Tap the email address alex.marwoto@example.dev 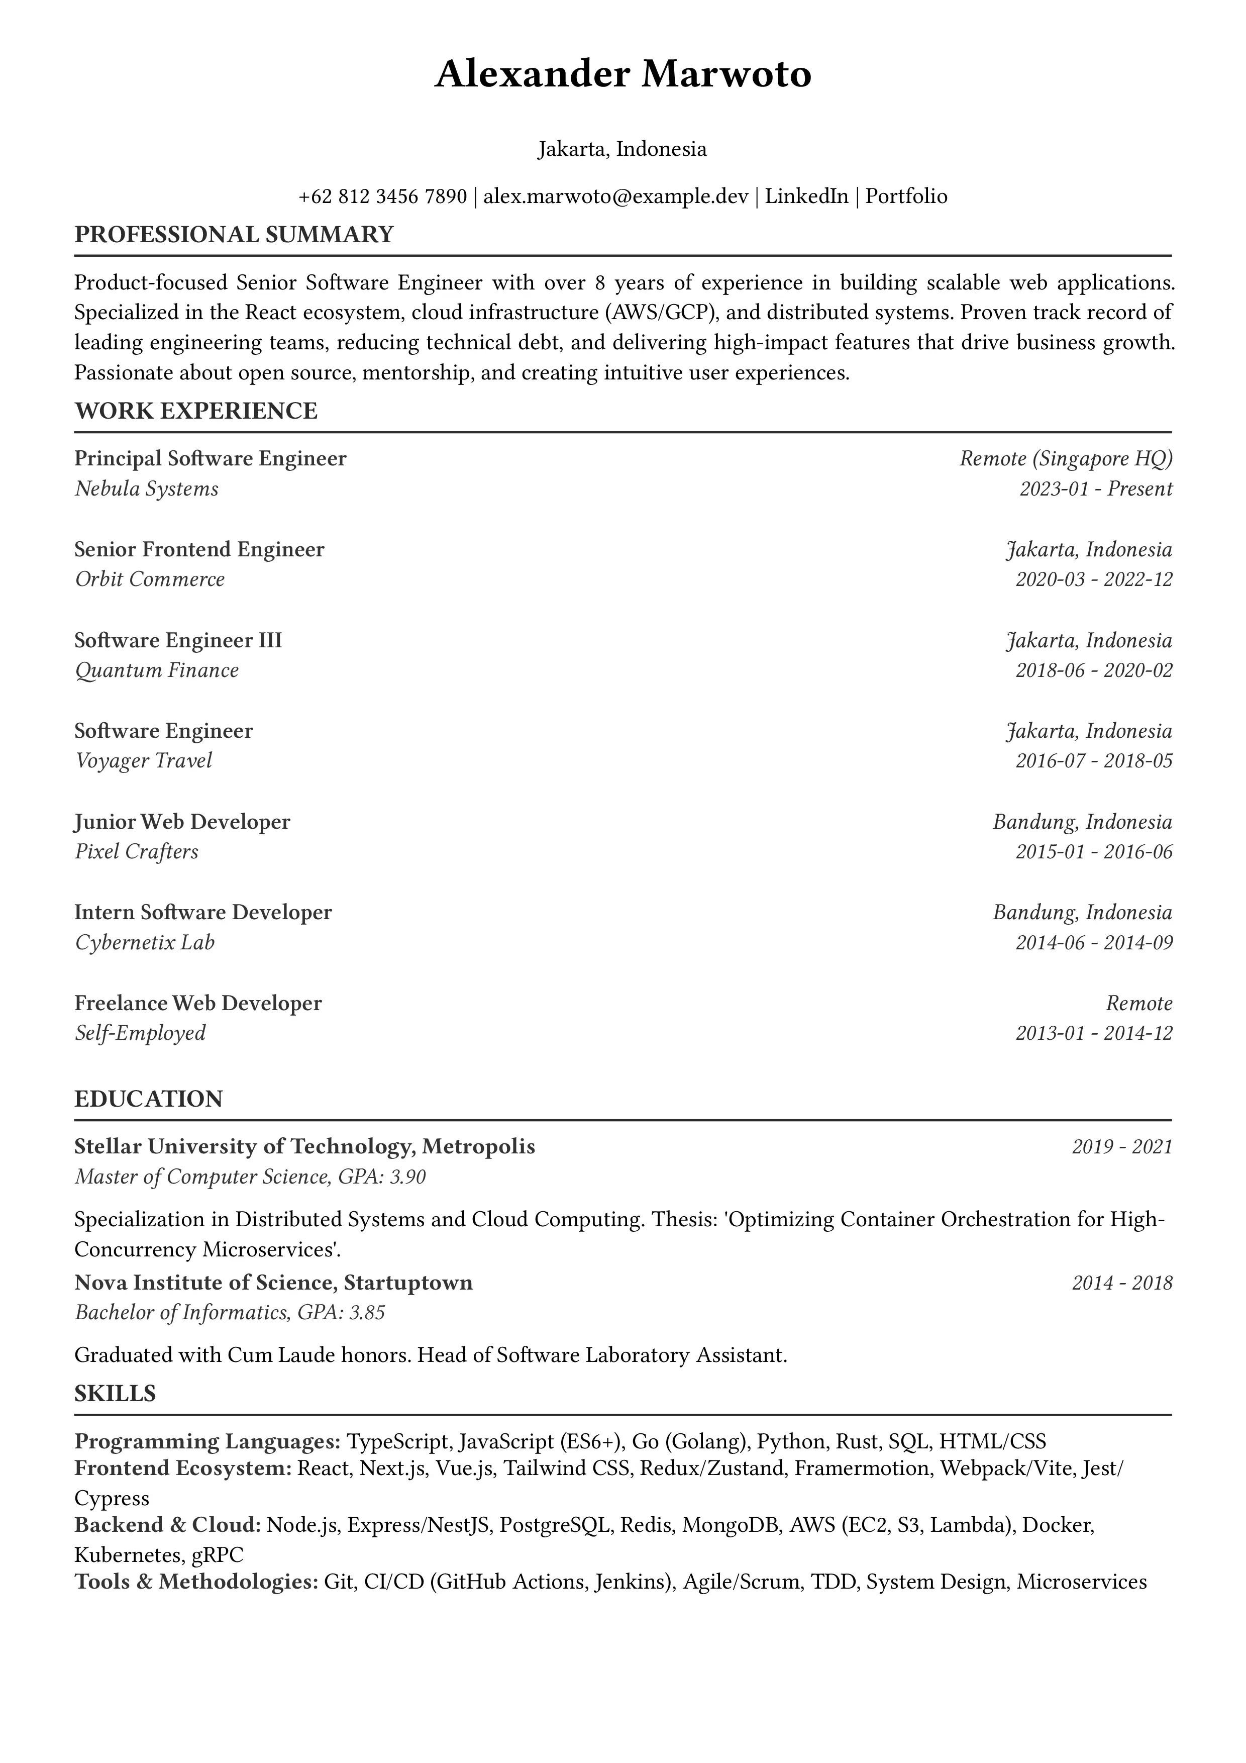pos(615,197)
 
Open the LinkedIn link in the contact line pos(807,197)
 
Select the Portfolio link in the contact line pos(907,197)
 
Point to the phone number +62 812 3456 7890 pos(382,197)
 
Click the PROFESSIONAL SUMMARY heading pos(234,234)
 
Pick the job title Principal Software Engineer pos(211,458)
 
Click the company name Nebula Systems pos(147,488)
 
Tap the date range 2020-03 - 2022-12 pos(1094,579)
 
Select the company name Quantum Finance pos(157,670)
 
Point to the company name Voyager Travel pos(144,761)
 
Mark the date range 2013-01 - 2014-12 pos(1094,1033)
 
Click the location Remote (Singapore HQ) pos(1066,458)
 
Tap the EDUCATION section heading pos(148,1099)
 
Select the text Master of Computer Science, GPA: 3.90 pos(250,1177)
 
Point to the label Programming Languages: pos(207,1441)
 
